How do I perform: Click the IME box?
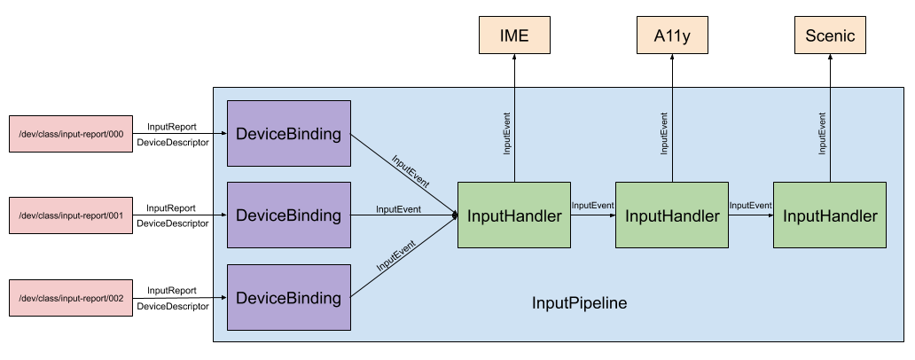pos(513,36)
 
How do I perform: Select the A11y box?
pos(672,36)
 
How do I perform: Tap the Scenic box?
pos(830,36)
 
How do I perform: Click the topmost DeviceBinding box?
pos(288,134)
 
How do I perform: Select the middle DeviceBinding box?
pos(288,215)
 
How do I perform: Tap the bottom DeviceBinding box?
pos(288,297)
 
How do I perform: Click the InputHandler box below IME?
pos(514,215)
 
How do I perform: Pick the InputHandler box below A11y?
pos(672,215)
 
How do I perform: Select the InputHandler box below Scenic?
pos(830,215)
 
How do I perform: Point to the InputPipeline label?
pos(579,303)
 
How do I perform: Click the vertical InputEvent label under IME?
pos(506,133)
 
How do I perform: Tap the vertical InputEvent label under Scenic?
pos(822,133)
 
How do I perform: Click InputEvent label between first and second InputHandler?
pos(592,206)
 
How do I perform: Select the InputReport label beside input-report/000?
pos(172,127)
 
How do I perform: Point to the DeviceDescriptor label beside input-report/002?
pos(173,306)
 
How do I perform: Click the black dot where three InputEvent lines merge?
pos(454,215)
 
